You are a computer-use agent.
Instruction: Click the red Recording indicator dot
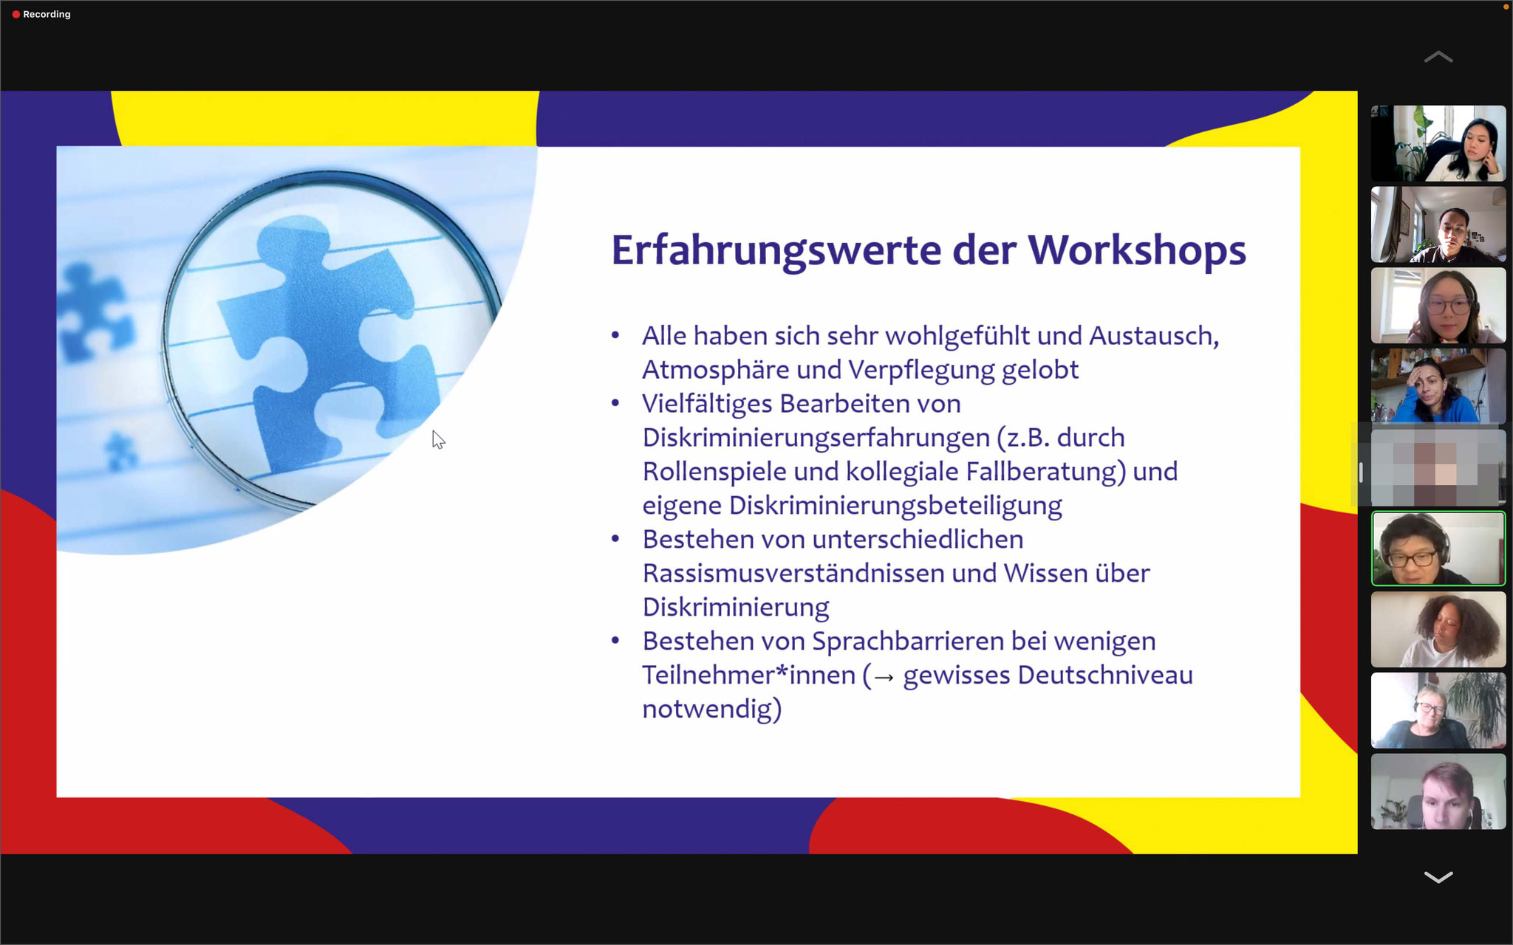(x=16, y=14)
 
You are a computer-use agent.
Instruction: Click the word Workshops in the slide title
(x=1137, y=250)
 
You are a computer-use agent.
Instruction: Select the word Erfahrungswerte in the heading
(x=776, y=251)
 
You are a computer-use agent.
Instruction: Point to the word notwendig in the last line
(x=706, y=709)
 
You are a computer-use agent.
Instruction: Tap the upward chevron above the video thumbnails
(x=1438, y=57)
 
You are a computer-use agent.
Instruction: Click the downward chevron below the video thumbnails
(x=1438, y=877)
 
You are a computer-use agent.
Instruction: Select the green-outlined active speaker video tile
(x=1438, y=549)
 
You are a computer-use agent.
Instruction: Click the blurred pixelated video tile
(x=1438, y=467)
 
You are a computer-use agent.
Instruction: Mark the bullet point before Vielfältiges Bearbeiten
(x=615, y=404)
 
